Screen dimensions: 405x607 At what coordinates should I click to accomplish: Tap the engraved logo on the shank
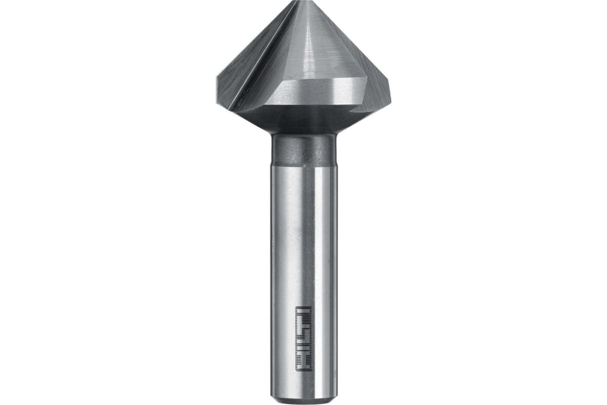[303, 338]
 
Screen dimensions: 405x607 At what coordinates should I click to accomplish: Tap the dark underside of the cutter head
[303, 121]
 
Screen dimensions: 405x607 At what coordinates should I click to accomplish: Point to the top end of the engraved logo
[303, 307]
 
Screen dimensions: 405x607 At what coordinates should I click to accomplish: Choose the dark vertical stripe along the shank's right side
[332, 278]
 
